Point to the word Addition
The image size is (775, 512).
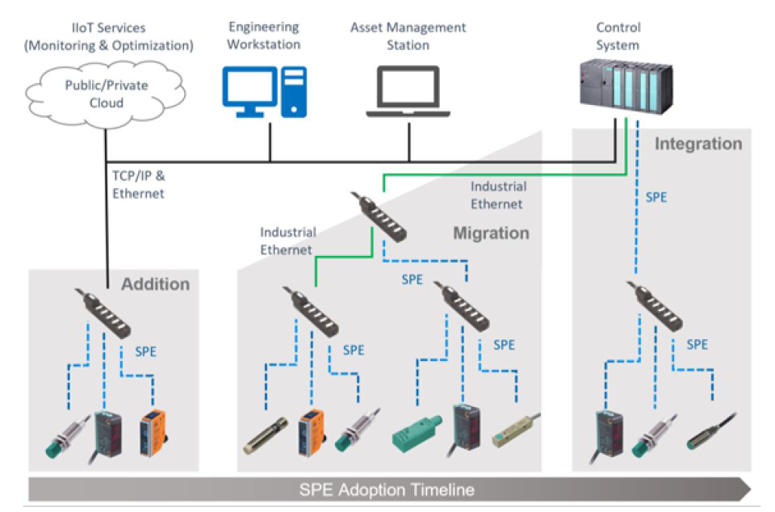pos(155,284)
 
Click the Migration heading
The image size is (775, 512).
pos(491,233)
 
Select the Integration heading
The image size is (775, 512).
pos(697,145)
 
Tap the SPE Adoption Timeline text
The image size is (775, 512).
pos(387,489)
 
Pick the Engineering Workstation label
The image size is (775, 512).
pos(263,36)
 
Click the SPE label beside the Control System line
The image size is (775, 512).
pos(656,197)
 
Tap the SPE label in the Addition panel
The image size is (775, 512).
pos(146,351)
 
